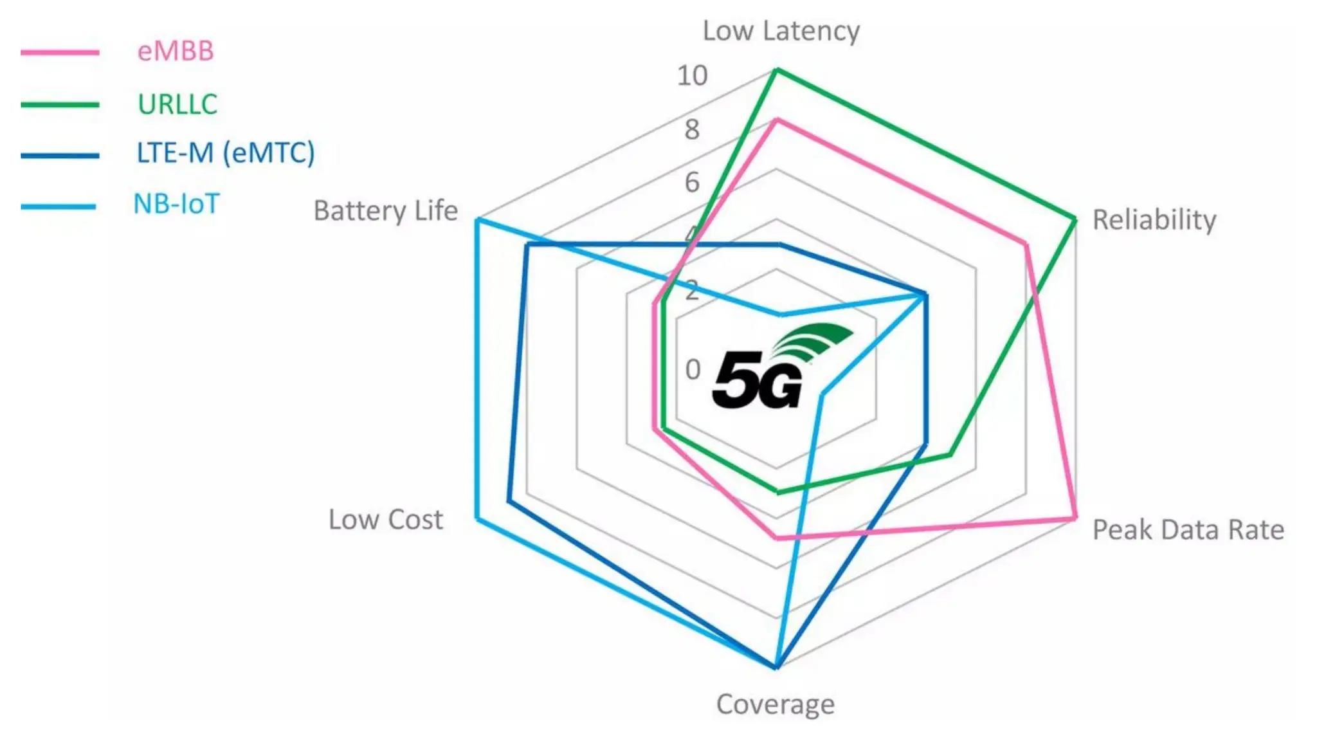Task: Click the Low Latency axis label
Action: pyautogui.click(x=781, y=31)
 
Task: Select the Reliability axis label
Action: pyautogui.click(x=1154, y=220)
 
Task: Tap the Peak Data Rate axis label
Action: pyautogui.click(x=1188, y=530)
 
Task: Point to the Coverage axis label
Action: pyautogui.click(x=776, y=705)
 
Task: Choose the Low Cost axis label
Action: pyautogui.click(x=386, y=520)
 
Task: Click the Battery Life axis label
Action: pyautogui.click(x=386, y=211)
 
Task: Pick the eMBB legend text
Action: pyautogui.click(x=176, y=51)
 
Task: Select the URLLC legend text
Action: pyautogui.click(x=177, y=104)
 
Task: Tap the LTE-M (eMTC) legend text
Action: pyautogui.click(x=226, y=153)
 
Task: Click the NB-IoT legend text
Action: pyautogui.click(x=176, y=205)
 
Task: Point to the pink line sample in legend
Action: pyautogui.click(x=60, y=53)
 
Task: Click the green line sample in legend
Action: pyautogui.click(x=60, y=105)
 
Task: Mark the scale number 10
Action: pyautogui.click(x=692, y=76)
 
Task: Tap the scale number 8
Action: pyautogui.click(x=692, y=130)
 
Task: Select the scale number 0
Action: pyautogui.click(x=693, y=370)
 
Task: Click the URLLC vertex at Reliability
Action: pyautogui.click(x=1075, y=219)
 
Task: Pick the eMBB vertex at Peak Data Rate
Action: pyautogui.click(x=1075, y=518)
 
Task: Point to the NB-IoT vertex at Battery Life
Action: pyautogui.click(x=477, y=221)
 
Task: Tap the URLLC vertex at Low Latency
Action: pyautogui.click(x=777, y=69)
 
